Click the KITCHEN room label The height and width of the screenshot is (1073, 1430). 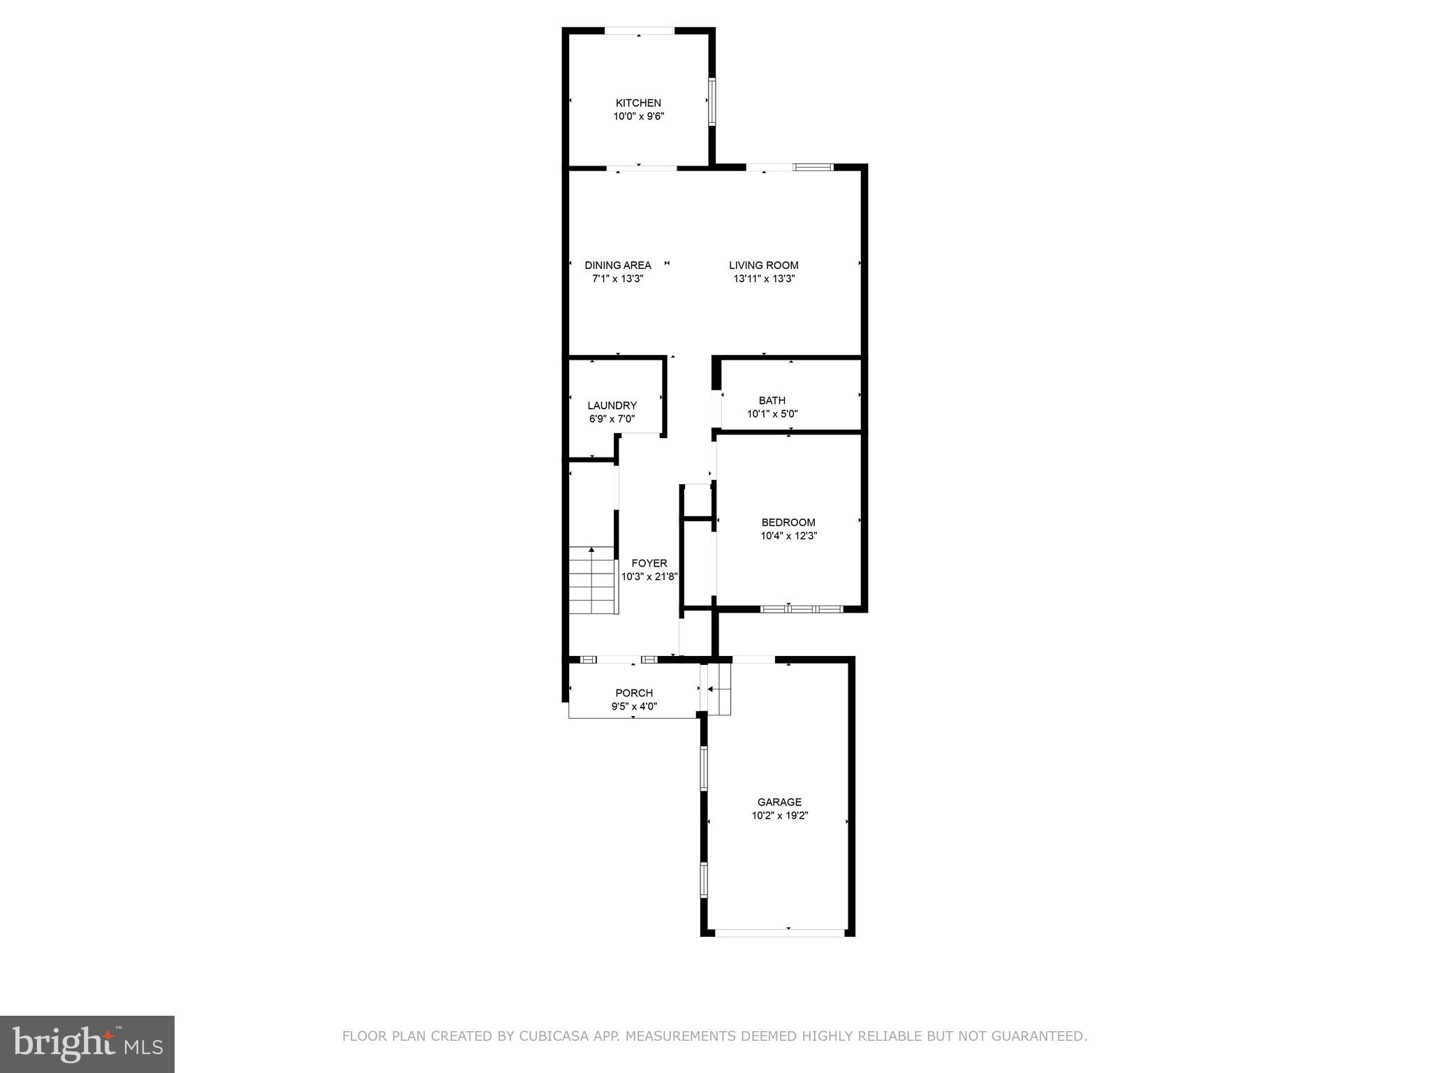tap(638, 103)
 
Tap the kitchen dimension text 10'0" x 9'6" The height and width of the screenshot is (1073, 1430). tap(638, 117)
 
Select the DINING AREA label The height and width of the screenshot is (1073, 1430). tap(618, 265)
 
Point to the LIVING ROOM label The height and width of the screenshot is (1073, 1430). tap(764, 265)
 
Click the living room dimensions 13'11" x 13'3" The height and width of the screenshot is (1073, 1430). tap(764, 279)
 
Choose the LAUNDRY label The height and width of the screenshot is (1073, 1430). tap(612, 406)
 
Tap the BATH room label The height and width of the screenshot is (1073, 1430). tap(772, 401)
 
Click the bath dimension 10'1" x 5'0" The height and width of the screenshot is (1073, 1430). tap(772, 414)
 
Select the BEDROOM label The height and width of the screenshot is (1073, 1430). tap(788, 523)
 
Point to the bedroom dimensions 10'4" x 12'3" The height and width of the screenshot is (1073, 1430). tap(788, 536)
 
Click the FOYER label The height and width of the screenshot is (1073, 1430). tap(649, 563)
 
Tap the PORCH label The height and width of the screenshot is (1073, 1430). tap(634, 693)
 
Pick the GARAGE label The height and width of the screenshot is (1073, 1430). tap(780, 802)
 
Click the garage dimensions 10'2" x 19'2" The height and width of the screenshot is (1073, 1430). tap(780, 815)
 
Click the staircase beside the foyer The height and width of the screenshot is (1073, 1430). tap(593, 581)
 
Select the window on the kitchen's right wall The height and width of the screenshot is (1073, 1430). tap(712, 101)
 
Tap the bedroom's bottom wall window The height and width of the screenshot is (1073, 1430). tap(802, 609)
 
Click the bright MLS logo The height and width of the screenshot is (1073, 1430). tap(87, 1044)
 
